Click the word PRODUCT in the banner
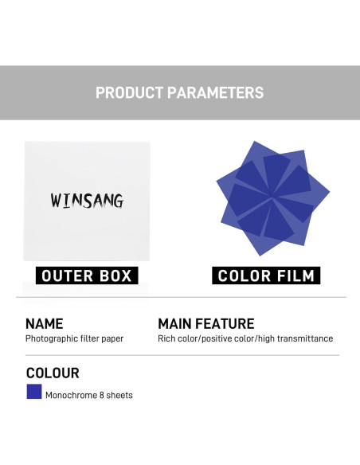[x=129, y=92]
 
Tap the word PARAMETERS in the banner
[x=216, y=92]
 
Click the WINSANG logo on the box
[x=87, y=201]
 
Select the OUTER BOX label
[x=87, y=275]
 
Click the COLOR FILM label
[x=266, y=275]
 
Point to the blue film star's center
[x=272, y=196]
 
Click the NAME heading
[x=44, y=323]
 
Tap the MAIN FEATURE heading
[x=206, y=323]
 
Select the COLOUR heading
[x=53, y=373]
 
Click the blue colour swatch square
[x=34, y=392]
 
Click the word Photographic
[x=52, y=339]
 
